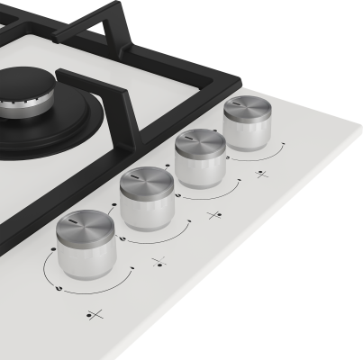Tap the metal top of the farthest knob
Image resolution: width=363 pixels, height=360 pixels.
247,109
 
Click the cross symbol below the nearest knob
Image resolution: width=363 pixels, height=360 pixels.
95,314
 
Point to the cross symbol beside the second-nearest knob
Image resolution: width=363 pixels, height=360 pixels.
159,262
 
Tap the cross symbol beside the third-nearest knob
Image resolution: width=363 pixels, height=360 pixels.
214,215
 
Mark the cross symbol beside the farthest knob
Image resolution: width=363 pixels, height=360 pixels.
261,173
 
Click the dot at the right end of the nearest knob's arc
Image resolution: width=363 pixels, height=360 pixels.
133,267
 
